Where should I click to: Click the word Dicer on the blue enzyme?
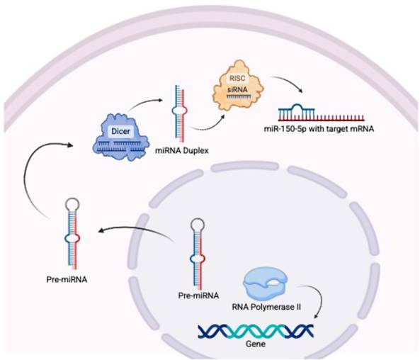[x=120, y=131]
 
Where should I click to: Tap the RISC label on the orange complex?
[x=237, y=78]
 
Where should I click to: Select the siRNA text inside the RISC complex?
[x=237, y=89]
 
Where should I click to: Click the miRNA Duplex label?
[x=182, y=151]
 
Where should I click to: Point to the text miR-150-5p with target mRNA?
[x=319, y=129]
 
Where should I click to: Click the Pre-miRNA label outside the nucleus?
[x=67, y=279]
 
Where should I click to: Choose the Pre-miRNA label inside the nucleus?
[x=198, y=296]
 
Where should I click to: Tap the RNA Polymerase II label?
[x=266, y=307]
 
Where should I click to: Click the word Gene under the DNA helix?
[x=256, y=344]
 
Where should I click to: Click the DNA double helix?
[x=256, y=332]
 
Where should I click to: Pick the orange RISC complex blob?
[x=238, y=86]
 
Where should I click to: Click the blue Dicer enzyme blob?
[x=120, y=137]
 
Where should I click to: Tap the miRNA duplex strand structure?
[x=179, y=113]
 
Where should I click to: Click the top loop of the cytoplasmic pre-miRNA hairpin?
[x=72, y=204]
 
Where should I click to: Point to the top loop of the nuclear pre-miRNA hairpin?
[x=198, y=225]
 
